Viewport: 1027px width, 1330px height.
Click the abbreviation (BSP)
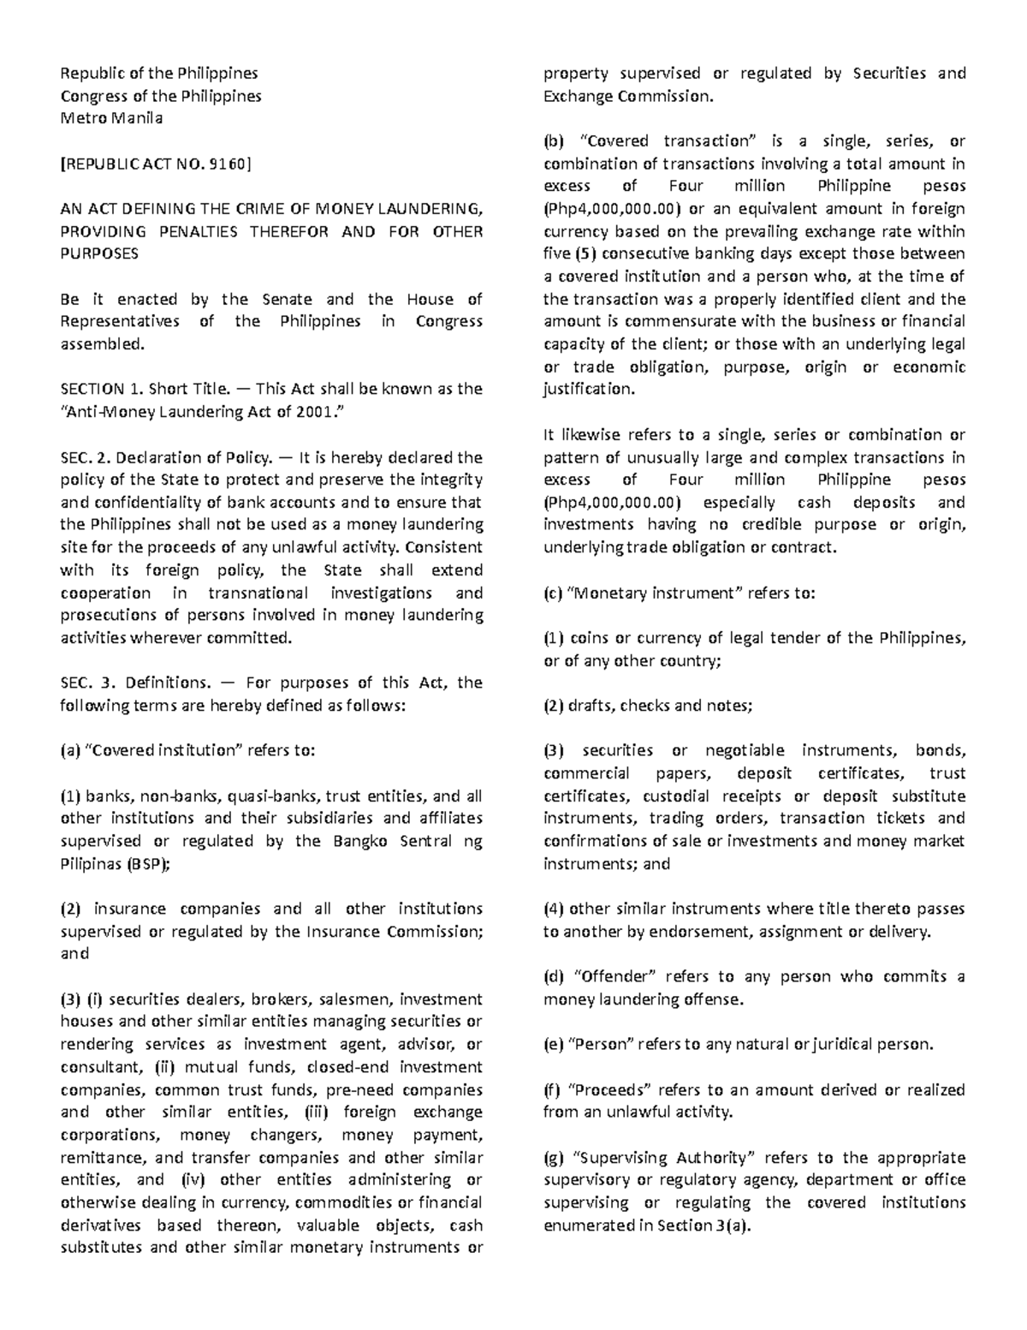[x=149, y=864]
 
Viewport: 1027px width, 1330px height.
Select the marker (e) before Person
[x=554, y=1045]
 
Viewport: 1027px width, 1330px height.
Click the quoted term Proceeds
[x=611, y=1090]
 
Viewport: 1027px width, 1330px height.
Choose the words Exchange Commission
[x=626, y=96]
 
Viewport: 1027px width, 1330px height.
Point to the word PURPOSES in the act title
[x=98, y=254]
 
